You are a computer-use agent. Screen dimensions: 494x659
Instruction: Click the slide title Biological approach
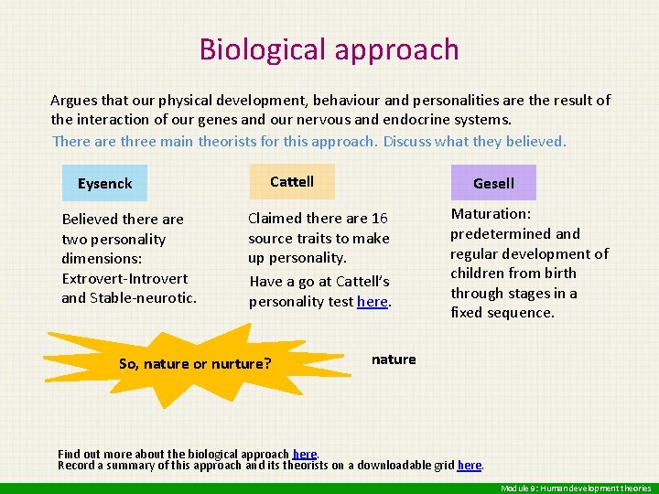coord(329,48)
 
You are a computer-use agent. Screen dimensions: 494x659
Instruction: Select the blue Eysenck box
coord(104,183)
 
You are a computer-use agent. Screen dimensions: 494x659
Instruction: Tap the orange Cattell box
coord(292,181)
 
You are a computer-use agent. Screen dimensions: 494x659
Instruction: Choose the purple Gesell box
coord(493,183)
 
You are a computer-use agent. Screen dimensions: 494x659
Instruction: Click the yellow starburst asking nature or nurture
coord(195,363)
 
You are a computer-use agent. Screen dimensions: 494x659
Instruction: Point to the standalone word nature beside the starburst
coord(394,360)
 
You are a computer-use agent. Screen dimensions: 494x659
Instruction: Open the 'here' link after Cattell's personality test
coord(372,301)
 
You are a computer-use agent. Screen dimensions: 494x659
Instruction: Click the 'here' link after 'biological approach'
coord(304,454)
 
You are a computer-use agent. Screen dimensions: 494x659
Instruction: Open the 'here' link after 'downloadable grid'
coord(469,465)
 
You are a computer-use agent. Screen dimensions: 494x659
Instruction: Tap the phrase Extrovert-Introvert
coord(124,278)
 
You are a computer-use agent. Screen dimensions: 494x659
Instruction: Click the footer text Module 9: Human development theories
coord(576,489)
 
